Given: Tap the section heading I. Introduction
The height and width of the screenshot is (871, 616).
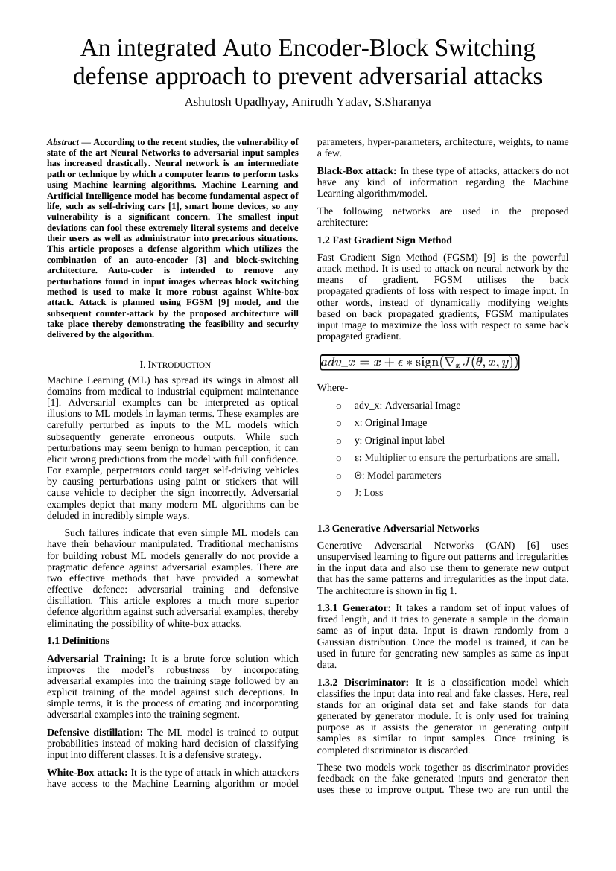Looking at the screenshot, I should click(175, 365).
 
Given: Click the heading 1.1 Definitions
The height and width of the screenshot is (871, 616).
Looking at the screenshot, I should click(78, 640).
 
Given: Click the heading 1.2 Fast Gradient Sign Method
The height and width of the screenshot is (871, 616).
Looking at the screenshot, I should click(384, 240).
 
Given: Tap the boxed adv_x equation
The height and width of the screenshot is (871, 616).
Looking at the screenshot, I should click(419, 363).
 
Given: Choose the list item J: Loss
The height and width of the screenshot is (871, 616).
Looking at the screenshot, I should click(369, 493).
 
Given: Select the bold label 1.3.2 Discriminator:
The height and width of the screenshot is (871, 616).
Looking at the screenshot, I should click(363, 682).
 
